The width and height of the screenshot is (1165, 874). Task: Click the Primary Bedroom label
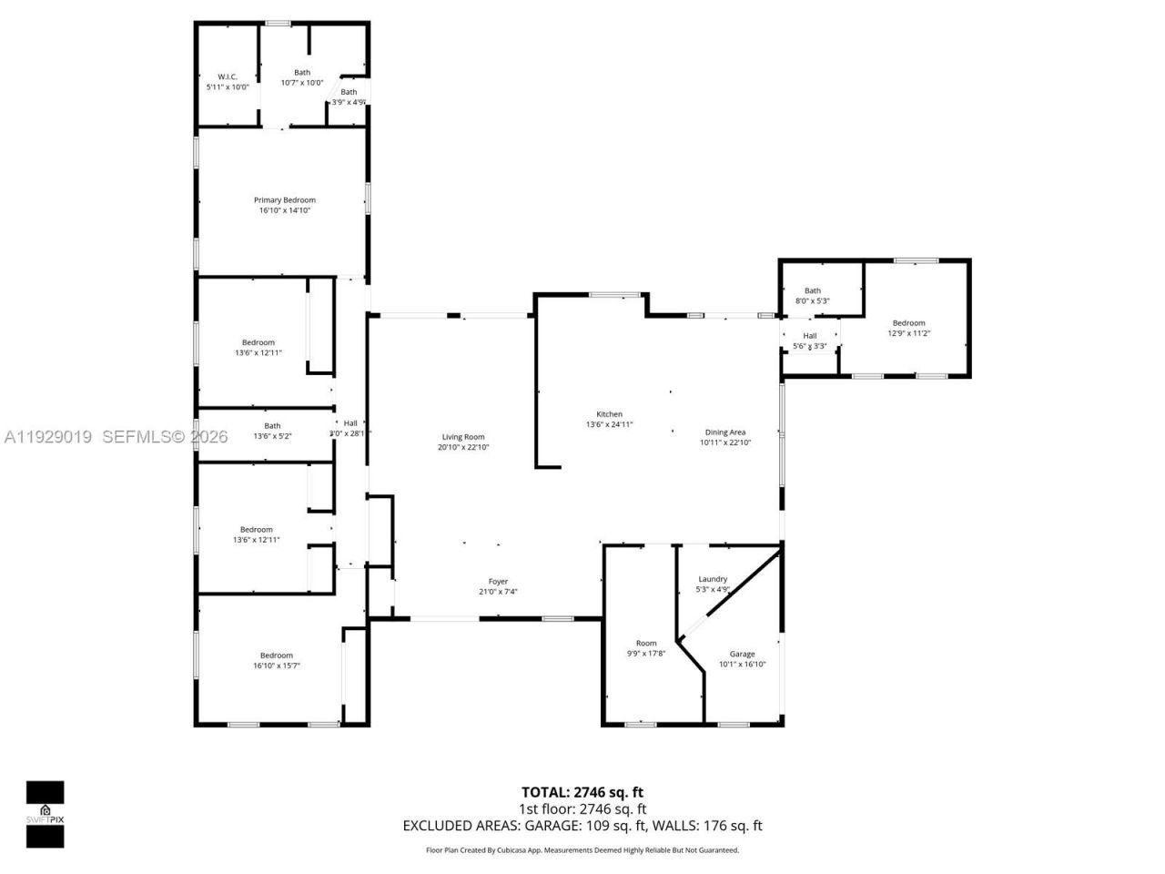click(284, 200)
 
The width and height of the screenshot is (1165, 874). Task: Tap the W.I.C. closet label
click(227, 76)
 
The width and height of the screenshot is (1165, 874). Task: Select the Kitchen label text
click(609, 414)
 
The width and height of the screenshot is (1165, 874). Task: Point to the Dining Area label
click(725, 432)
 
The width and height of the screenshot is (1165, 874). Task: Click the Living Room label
click(463, 437)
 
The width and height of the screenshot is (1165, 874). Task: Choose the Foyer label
click(498, 582)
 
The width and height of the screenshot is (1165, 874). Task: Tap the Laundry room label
click(713, 579)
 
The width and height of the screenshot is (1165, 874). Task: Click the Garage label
click(742, 654)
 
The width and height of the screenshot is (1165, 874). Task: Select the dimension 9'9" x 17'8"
click(646, 654)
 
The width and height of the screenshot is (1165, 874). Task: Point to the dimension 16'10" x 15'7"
click(277, 666)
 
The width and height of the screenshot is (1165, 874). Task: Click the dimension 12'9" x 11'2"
click(908, 333)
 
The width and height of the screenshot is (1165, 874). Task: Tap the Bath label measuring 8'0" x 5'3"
click(812, 291)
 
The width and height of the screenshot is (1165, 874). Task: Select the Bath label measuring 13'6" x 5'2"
click(272, 426)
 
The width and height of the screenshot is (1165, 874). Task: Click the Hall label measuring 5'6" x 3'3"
click(809, 336)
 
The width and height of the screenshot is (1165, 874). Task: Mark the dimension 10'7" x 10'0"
click(302, 83)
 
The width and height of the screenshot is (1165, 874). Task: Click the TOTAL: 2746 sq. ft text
click(582, 792)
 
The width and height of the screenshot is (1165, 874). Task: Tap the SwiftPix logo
click(45, 814)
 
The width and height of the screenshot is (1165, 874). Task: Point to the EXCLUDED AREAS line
click(582, 826)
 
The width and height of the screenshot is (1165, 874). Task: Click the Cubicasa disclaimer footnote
click(582, 850)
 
